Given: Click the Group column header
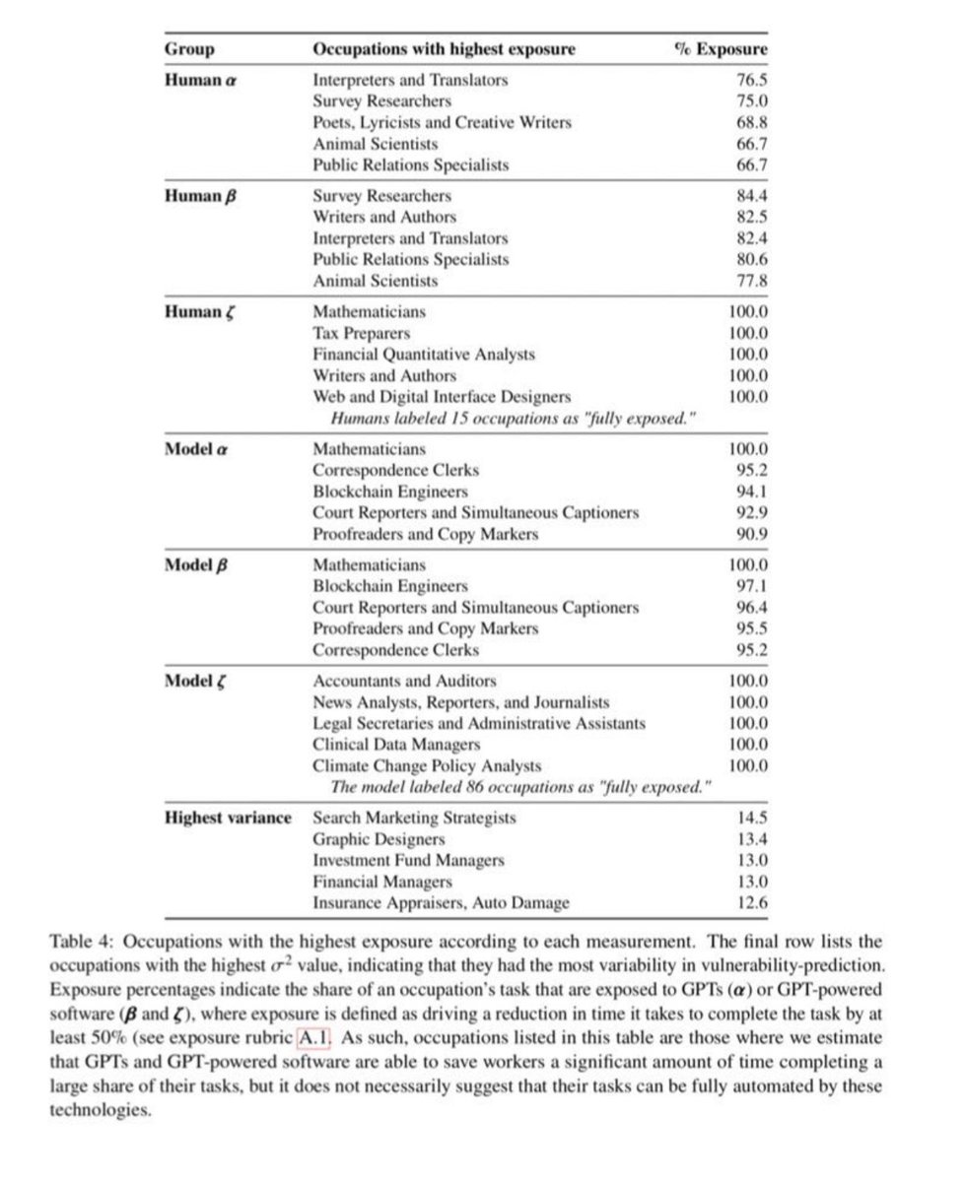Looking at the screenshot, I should click(189, 48).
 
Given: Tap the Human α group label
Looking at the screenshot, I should click(200, 80).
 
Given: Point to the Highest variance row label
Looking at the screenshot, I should click(228, 817).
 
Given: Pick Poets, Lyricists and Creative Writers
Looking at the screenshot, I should click(442, 122).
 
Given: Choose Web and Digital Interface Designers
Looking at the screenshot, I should click(442, 396).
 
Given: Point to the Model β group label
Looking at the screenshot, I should click(200, 564).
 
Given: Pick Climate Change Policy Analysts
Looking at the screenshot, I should click(427, 765).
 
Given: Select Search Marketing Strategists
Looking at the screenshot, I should click(414, 817).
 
